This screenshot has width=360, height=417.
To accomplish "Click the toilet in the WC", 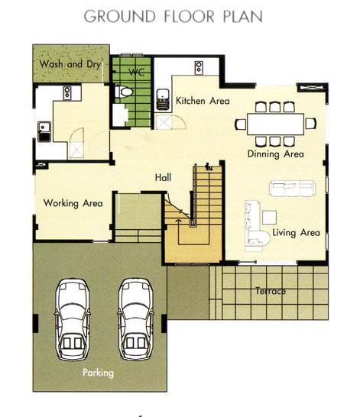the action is point(124,92).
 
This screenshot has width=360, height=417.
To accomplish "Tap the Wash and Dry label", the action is point(70,64).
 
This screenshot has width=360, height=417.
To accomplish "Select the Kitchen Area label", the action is point(203,101).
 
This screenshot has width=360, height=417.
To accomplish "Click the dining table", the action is point(275,124).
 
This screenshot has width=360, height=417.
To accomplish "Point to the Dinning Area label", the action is point(276,154).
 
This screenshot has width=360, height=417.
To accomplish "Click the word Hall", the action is point(163,177).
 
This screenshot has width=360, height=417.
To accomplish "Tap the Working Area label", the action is point(73,203).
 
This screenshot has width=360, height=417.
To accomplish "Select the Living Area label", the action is point(296,233).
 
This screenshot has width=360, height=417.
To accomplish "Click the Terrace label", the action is point(271,291).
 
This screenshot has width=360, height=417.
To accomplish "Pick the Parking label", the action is point(98,373).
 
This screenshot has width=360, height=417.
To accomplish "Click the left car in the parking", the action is point(73,319).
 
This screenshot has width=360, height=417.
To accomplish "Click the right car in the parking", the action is point(136,319).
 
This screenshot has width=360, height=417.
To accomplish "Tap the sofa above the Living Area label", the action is point(292,189).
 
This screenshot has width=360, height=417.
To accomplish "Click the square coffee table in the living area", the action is point(269,217).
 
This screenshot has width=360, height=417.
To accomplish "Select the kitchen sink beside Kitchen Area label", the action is point(163,99).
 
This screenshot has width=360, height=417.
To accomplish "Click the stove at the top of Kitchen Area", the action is point(199,67).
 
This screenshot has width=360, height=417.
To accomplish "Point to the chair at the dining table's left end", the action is point(241,124).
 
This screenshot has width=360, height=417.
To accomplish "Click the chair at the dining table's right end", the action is point(311,124).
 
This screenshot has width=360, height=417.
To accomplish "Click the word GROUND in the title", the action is point(120,16).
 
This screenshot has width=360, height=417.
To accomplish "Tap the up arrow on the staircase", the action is point(178,221).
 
